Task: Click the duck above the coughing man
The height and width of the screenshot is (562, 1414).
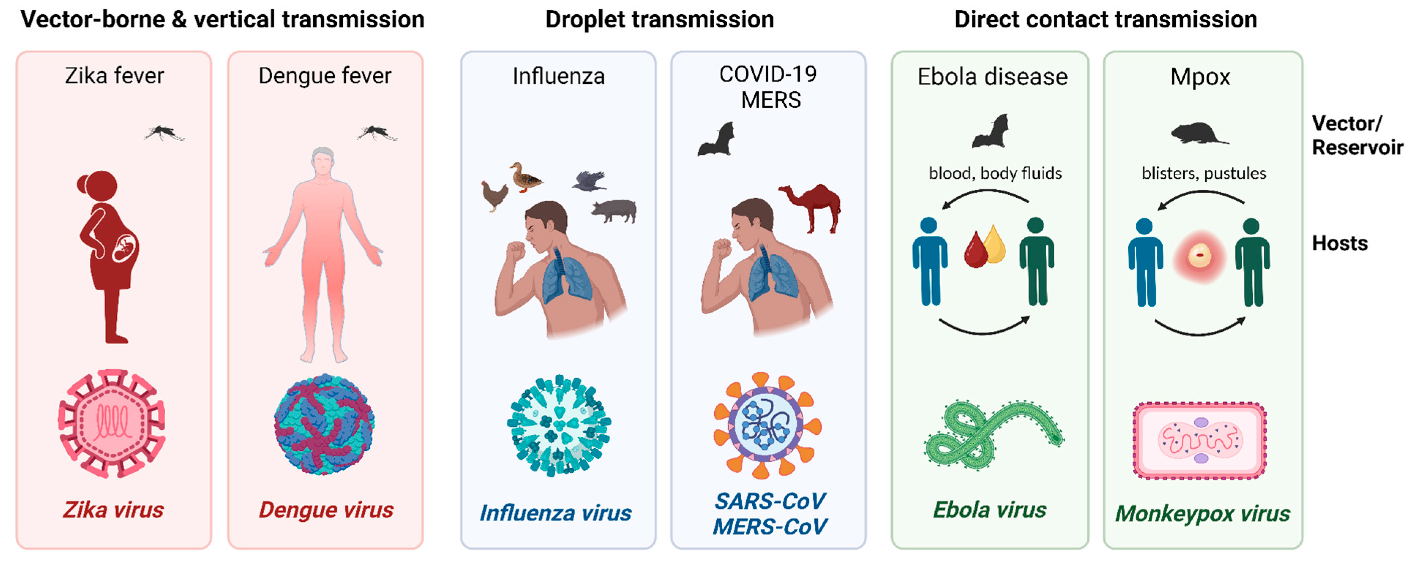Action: (x=525, y=177)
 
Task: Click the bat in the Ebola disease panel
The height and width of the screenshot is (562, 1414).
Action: (x=991, y=132)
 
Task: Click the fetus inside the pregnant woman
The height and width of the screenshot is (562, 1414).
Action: (x=125, y=248)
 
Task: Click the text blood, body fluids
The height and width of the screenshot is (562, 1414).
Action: (x=995, y=173)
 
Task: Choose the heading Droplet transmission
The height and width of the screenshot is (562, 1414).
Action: (x=659, y=20)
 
